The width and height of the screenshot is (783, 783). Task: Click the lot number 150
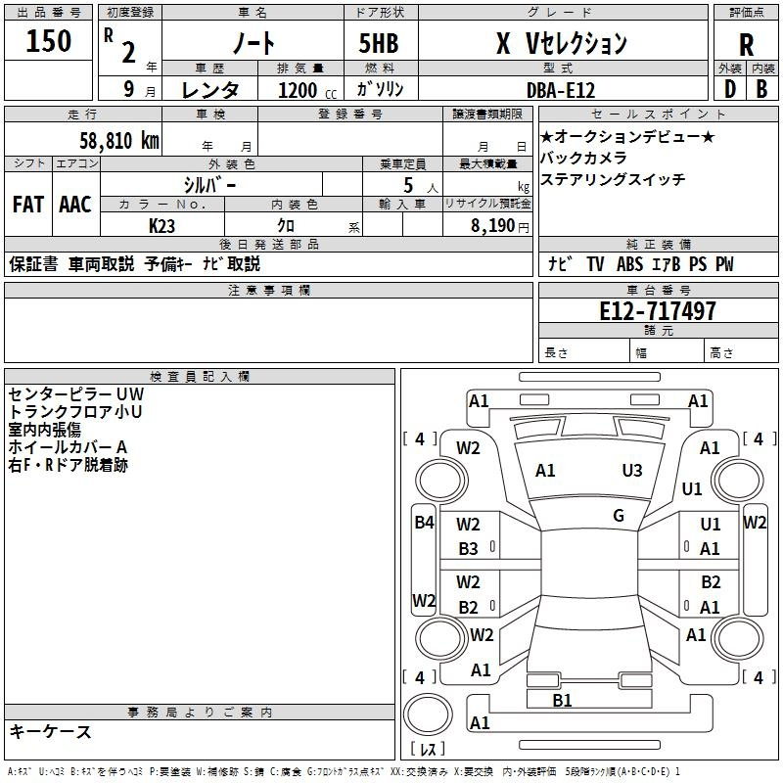pos(49,41)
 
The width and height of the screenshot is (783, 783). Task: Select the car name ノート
pos(252,44)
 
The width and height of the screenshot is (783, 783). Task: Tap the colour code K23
pos(162,225)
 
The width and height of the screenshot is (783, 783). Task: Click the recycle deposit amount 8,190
pos(492,225)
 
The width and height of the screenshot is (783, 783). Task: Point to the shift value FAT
pos(28,205)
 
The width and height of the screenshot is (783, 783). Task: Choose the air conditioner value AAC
pos(74,205)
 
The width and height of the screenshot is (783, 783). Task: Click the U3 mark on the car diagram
pos(632,471)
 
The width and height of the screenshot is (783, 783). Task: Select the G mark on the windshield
pos(619,516)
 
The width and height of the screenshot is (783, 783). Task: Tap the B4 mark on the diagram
pos(423,523)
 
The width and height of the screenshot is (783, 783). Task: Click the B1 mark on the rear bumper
pos(562,700)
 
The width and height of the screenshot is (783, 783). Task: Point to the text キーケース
pos(51,731)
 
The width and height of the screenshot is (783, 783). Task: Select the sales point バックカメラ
pos(583,158)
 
